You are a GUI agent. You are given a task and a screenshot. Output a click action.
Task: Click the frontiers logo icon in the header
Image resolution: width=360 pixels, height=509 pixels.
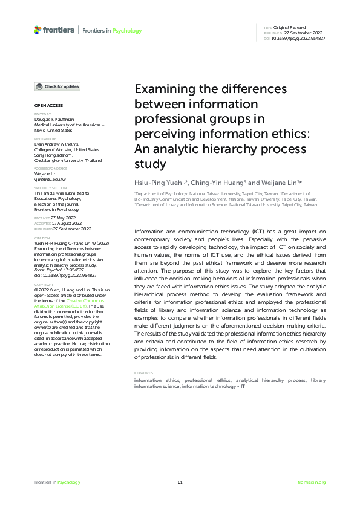tap(38, 30)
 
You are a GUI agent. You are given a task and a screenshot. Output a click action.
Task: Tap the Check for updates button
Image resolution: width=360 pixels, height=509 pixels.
tap(57, 87)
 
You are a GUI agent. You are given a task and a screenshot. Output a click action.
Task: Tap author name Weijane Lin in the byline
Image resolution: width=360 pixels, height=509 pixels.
tap(280, 182)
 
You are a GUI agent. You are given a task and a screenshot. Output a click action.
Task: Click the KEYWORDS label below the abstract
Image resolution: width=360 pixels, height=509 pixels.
tap(144, 373)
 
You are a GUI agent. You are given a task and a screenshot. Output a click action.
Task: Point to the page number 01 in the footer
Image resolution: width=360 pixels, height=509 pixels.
tap(180, 482)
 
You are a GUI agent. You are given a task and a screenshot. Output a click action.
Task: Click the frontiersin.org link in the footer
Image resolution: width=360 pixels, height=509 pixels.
tap(312, 482)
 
